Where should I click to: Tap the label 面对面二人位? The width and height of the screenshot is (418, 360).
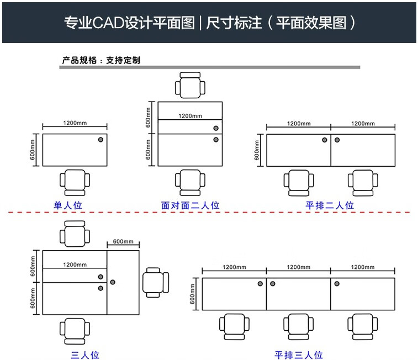(x=190, y=205)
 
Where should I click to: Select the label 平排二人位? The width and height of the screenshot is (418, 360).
(x=330, y=205)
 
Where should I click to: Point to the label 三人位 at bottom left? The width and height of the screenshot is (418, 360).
(x=85, y=354)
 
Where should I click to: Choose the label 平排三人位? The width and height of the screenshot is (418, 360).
(x=298, y=354)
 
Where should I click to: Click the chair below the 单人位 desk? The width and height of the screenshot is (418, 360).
(x=74, y=183)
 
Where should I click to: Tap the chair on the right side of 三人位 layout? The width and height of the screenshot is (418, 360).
(x=156, y=282)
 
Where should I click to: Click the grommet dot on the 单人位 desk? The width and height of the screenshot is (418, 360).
(x=100, y=140)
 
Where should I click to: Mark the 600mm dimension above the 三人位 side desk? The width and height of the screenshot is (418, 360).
(x=123, y=242)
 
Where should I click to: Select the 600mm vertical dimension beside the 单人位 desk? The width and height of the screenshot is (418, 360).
(x=33, y=150)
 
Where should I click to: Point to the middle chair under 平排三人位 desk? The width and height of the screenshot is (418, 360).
(x=298, y=326)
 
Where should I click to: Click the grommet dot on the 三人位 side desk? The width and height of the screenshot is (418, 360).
(x=113, y=282)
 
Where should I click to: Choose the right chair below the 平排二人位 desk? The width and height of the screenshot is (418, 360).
(x=363, y=183)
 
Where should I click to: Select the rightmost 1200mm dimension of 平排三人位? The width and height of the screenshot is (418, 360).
(x=363, y=267)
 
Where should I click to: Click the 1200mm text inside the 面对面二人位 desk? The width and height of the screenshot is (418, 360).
(x=190, y=116)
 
